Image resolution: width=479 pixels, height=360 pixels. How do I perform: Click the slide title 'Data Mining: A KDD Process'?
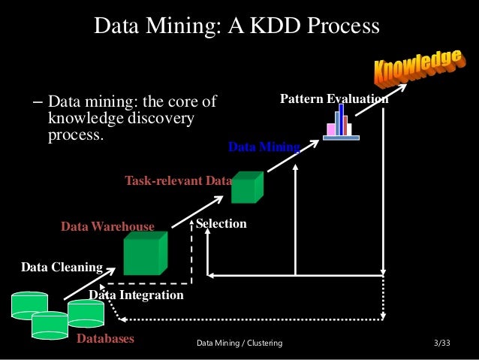pyautogui.click(x=236, y=26)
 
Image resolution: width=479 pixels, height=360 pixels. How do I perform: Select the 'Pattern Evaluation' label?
pyautogui.click(x=334, y=98)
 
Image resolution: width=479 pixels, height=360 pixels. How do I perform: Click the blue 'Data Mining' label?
pyautogui.click(x=264, y=147)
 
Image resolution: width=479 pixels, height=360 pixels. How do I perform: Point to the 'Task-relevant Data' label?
pyautogui.click(x=178, y=180)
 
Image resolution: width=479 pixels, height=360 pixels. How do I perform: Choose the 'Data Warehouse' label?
pyautogui.click(x=107, y=226)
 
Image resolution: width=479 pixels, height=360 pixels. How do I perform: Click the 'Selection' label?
pyautogui.click(x=221, y=224)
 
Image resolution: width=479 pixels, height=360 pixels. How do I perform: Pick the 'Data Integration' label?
pyautogui.click(x=136, y=295)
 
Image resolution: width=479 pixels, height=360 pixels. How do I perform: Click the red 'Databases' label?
pyautogui.click(x=105, y=339)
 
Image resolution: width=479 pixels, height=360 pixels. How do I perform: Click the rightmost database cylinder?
pyautogui.click(x=86, y=314)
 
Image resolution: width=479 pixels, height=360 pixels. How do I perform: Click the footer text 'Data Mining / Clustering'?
pyautogui.click(x=239, y=343)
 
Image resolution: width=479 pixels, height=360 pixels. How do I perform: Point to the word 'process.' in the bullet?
pyautogui.click(x=74, y=137)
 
